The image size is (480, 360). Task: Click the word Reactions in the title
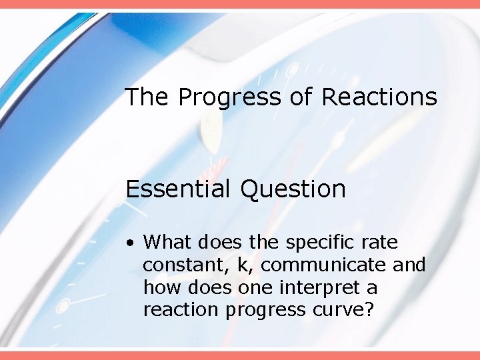pyautogui.click(x=379, y=97)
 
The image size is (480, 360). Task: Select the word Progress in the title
pyautogui.click(x=230, y=98)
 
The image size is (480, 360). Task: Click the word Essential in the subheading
pyautogui.click(x=179, y=189)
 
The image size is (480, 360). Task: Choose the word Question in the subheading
pyautogui.click(x=293, y=189)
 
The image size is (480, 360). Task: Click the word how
pyautogui.click(x=157, y=288)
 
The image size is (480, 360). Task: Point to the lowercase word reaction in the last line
pyautogui.click(x=173, y=311)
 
